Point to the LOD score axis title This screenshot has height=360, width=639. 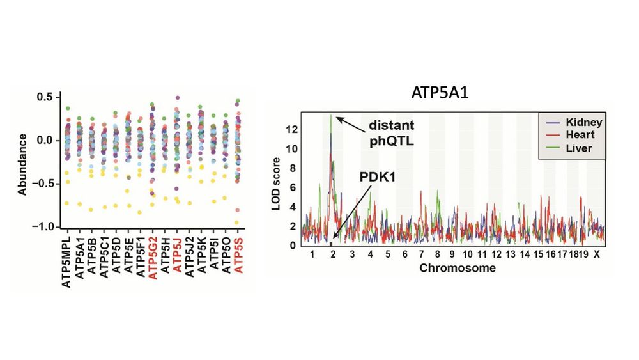coord(276,180)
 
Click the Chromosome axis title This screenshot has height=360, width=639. coord(457,268)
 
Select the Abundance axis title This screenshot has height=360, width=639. coord(24,163)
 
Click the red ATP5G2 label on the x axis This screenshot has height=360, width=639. coord(151,259)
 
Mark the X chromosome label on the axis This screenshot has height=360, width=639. coord(596,254)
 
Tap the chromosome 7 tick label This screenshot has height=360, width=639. coord(420,254)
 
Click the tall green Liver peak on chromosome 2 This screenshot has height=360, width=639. coord(330,116)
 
